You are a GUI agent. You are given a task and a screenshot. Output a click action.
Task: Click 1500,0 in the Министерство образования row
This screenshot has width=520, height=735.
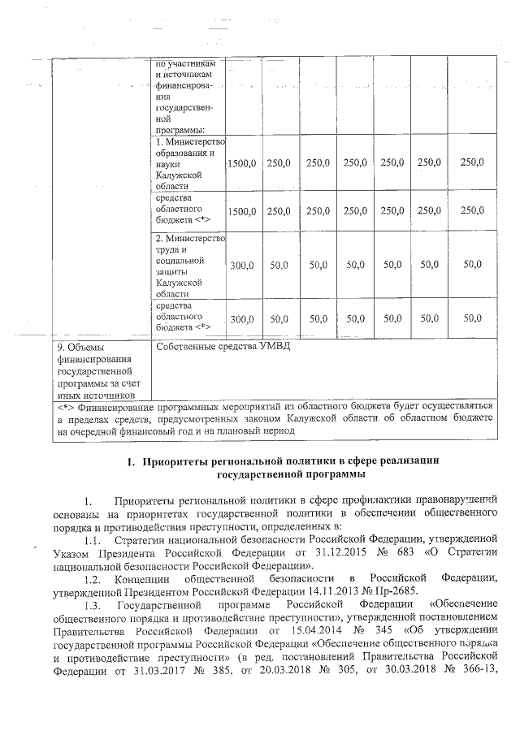tap(242, 163)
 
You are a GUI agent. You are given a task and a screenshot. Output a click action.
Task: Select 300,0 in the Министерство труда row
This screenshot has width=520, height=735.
tap(242, 265)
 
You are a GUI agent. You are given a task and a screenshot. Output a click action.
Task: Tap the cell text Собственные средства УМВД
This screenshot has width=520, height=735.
tap(221, 347)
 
